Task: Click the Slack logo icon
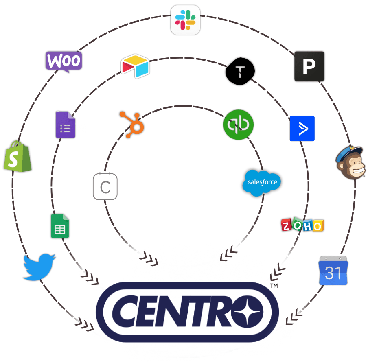pyautogui.click(x=185, y=20)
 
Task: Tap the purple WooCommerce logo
pyautogui.click(x=64, y=61)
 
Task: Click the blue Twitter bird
pyautogui.click(x=39, y=267)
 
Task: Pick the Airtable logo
pyautogui.click(x=135, y=66)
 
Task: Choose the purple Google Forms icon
pyautogui.click(x=65, y=125)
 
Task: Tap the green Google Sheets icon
pyautogui.click(x=60, y=226)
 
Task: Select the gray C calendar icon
pyautogui.click(x=105, y=187)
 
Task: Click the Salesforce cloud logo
pyautogui.click(x=262, y=182)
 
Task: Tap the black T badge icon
pyautogui.click(x=240, y=72)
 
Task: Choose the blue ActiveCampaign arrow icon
pyautogui.click(x=302, y=129)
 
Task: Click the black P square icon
pyautogui.click(x=309, y=66)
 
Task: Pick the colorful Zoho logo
pyautogui.click(x=302, y=225)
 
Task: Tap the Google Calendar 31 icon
pyautogui.click(x=333, y=271)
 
